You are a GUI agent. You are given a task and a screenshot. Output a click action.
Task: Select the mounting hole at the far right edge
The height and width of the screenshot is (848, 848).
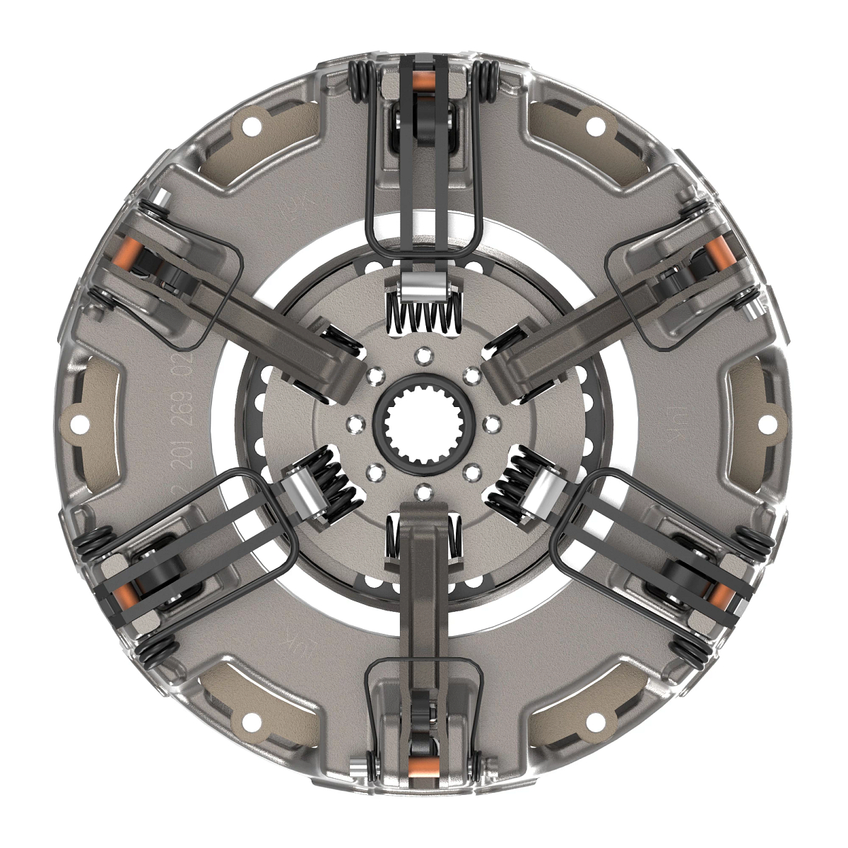[764, 425]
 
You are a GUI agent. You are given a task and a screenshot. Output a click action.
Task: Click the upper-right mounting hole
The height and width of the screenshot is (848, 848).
[596, 127]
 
